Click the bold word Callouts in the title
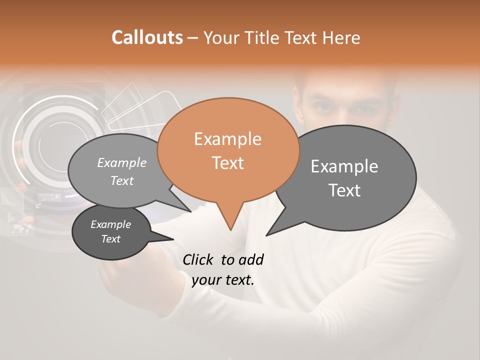tap(147, 37)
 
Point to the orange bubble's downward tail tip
tap(230, 230)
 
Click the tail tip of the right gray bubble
tap(266, 235)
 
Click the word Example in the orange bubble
tap(227, 139)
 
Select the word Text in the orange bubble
tap(227, 163)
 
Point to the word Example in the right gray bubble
tap(344, 166)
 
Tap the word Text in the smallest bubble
tap(111, 239)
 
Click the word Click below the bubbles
tap(198, 259)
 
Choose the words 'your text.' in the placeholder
tap(223, 280)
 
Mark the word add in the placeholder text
tap(251, 259)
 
